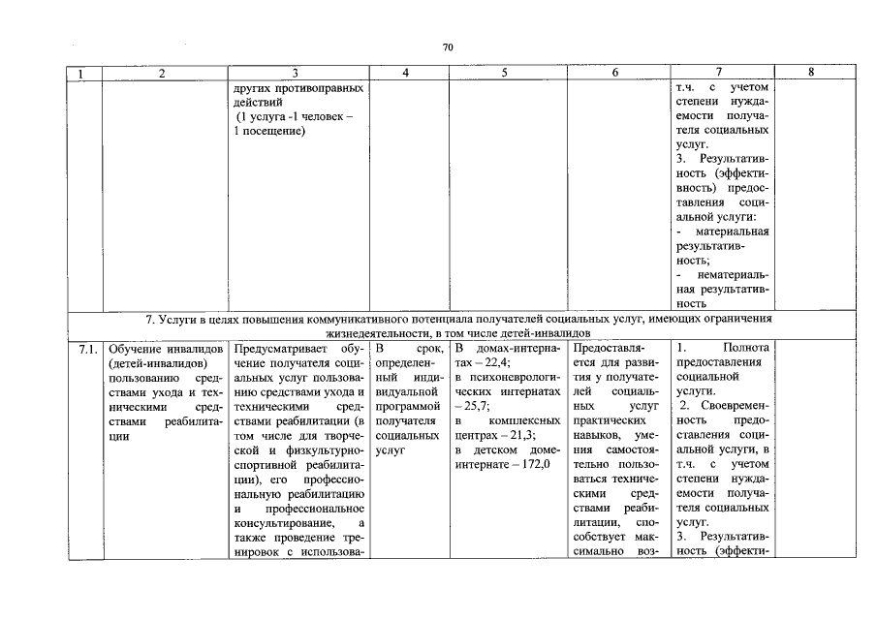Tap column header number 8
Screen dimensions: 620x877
click(810, 73)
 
